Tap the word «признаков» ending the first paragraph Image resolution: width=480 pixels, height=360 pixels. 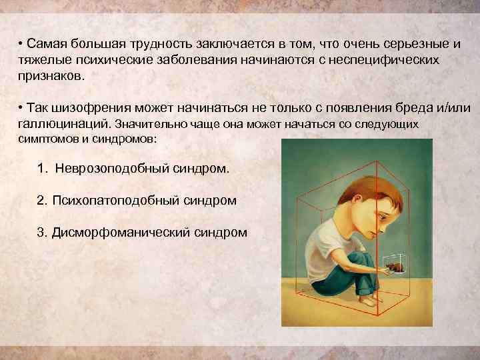pos(51,75)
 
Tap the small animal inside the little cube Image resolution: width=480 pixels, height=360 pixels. pos(395,268)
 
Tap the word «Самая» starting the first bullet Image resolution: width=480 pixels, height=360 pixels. pos(43,44)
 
